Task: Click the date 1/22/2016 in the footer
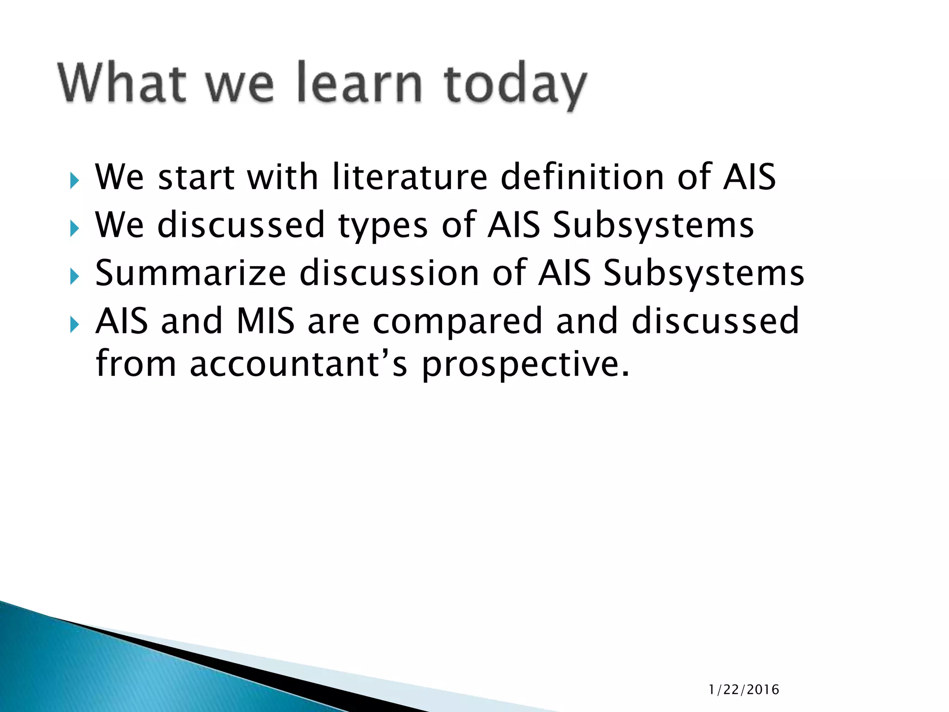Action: click(x=744, y=690)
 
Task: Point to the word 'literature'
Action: click(x=410, y=178)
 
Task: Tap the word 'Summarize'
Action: click(x=190, y=273)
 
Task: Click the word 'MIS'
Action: click(x=266, y=321)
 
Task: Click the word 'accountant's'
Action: click(x=298, y=364)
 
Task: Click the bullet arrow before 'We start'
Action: click(x=75, y=181)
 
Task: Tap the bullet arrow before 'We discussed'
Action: click(x=75, y=229)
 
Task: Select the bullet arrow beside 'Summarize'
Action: click(x=75, y=277)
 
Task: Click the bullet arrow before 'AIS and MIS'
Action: click(x=75, y=325)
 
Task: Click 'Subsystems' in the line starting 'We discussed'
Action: click(x=653, y=226)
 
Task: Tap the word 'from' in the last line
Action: click(x=136, y=364)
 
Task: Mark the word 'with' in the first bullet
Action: click(x=282, y=178)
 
